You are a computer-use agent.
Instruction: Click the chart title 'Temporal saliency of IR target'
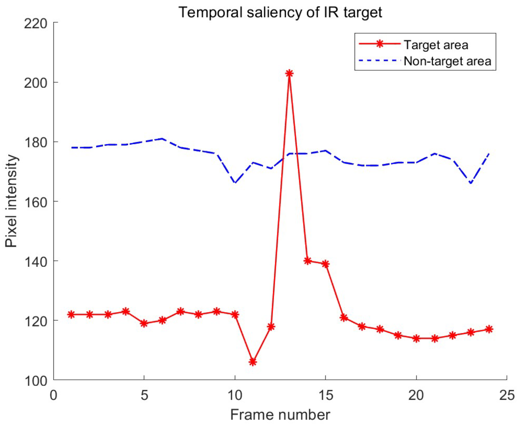(280, 12)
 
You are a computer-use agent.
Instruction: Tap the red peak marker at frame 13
(289, 74)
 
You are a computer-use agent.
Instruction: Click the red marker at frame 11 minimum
(253, 362)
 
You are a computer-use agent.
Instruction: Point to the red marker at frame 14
(308, 261)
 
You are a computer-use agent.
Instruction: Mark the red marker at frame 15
(325, 264)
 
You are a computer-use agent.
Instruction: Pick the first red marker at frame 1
(71, 314)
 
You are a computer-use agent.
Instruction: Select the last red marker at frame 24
(489, 329)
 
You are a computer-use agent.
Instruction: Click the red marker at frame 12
(271, 326)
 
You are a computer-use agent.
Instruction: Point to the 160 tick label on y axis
(36, 202)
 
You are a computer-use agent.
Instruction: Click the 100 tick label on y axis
(36, 381)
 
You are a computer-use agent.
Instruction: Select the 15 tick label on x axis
(326, 395)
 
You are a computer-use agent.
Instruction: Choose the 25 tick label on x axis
(507, 395)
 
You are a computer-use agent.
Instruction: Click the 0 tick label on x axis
(53, 395)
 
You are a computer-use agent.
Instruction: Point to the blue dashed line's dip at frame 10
(235, 183)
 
